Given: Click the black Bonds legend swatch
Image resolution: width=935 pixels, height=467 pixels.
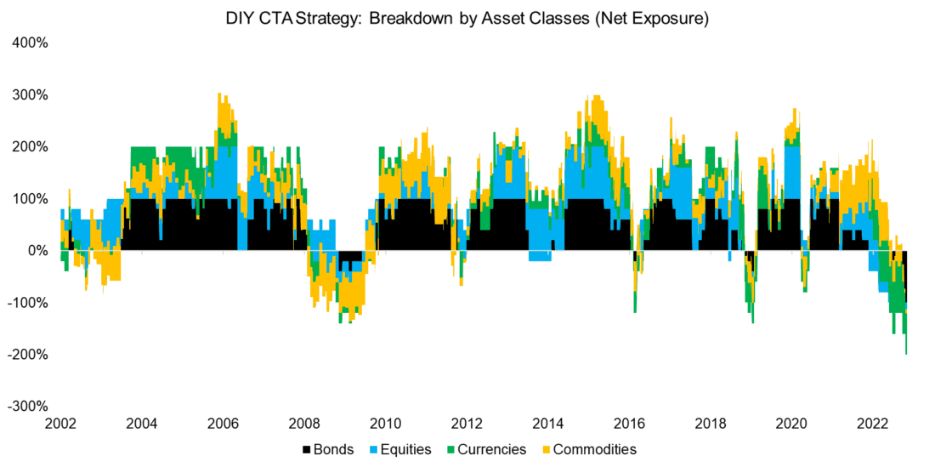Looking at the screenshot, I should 306,449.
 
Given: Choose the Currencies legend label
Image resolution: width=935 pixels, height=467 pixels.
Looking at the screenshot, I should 495,449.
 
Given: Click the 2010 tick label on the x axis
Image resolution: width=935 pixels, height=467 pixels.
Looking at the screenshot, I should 385,424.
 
